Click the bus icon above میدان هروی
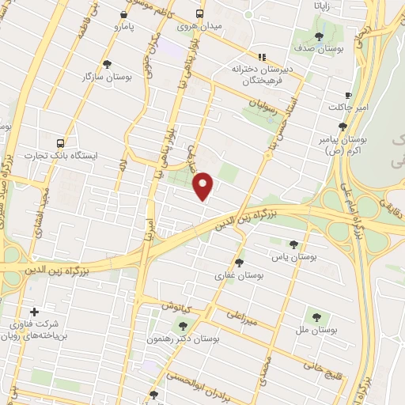[199, 13]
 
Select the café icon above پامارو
[123, 14]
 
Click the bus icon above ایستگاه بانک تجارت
[61, 142]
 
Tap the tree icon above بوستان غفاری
[240, 262]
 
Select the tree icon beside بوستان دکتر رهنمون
[184, 325]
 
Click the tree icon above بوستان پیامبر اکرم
[342, 127]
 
